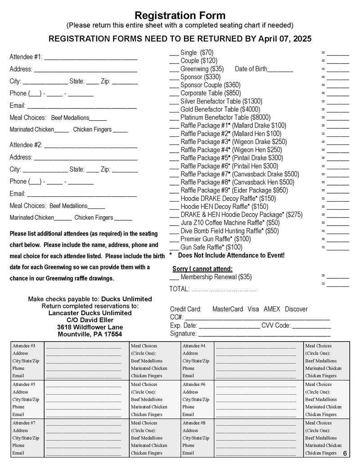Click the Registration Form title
click(x=180, y=16)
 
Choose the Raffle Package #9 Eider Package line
click(x=234, y=190)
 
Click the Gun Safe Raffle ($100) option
click(x=211, y=247)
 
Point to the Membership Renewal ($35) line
click(x=216, y=277)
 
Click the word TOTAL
click(x=179, y=289)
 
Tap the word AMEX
click(x=272, y=309)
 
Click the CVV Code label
click(x=276, y=326)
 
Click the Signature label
click(x=183, y=334)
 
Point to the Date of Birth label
click(x=251, y=69)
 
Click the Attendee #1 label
click(x=26, y=57)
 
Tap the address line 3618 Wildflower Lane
click(x=90, y=327)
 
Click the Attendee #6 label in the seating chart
click(x=194, y=385)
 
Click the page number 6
click(x=345, y=453)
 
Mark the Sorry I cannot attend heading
click(x=202, y=269)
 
